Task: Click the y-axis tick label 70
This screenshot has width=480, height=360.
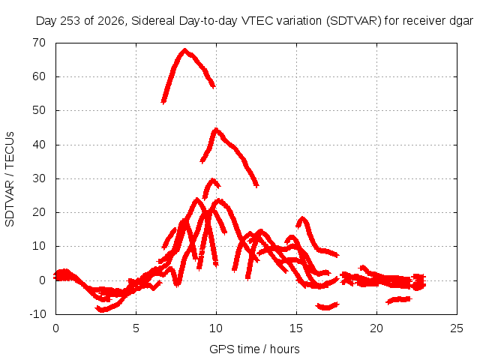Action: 39,43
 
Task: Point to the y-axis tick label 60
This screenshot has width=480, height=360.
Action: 39,76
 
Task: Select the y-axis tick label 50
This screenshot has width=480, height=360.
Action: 39,110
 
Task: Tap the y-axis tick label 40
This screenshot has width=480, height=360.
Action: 39,145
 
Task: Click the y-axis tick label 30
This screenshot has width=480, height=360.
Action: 39,178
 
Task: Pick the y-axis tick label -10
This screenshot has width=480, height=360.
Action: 37,314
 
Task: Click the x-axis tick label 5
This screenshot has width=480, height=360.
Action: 136,328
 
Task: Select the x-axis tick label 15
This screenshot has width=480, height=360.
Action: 296,328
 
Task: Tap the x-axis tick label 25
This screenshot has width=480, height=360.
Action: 457,328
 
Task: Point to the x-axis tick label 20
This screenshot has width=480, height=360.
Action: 376,328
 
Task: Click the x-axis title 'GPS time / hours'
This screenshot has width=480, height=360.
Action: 254,349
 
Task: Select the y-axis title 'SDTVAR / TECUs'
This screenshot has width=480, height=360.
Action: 10,179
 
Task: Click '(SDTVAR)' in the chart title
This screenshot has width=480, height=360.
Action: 354,21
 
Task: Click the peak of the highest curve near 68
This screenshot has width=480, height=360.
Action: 184,49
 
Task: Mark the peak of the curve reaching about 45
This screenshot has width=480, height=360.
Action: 217,129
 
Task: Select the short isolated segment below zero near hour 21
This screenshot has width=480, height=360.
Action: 399,300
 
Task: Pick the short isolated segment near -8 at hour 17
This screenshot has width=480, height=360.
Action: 327,306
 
